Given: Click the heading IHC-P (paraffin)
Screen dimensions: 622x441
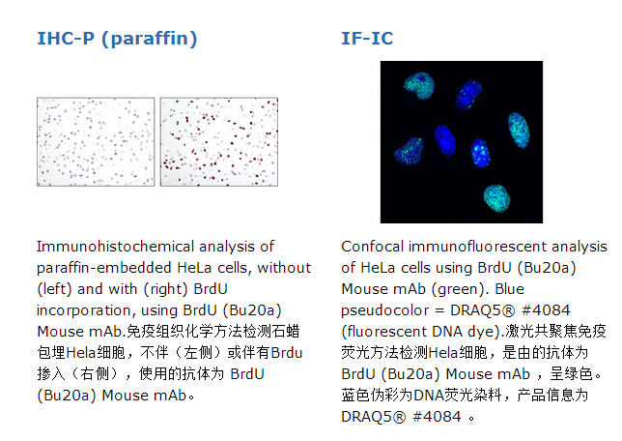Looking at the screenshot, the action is point(117,39).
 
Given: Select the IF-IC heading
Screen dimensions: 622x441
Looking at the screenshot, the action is point(367,39).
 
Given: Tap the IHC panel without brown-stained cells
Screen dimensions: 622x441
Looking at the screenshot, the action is point(96,142).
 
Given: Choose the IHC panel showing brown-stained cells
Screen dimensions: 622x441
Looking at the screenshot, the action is point(219,142).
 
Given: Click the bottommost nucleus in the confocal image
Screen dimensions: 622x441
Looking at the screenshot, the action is point(496,198).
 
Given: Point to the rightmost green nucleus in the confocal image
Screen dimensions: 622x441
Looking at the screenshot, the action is point(519,130).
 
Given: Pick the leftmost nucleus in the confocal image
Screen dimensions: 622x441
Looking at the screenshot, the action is point(409,152).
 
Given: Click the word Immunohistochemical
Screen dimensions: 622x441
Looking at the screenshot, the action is point(146,247).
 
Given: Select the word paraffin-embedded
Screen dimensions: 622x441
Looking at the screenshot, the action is point(104,268).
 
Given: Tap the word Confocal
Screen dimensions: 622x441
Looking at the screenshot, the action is point(372,247).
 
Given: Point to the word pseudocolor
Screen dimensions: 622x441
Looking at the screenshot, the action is point(384,310).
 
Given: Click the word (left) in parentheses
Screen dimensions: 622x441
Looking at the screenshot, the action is point(55,289).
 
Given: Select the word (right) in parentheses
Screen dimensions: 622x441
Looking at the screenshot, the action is point(166,289).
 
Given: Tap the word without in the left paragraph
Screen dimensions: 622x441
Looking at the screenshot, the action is point(284,268).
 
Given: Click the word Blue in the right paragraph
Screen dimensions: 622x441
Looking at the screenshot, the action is point(509,289).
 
